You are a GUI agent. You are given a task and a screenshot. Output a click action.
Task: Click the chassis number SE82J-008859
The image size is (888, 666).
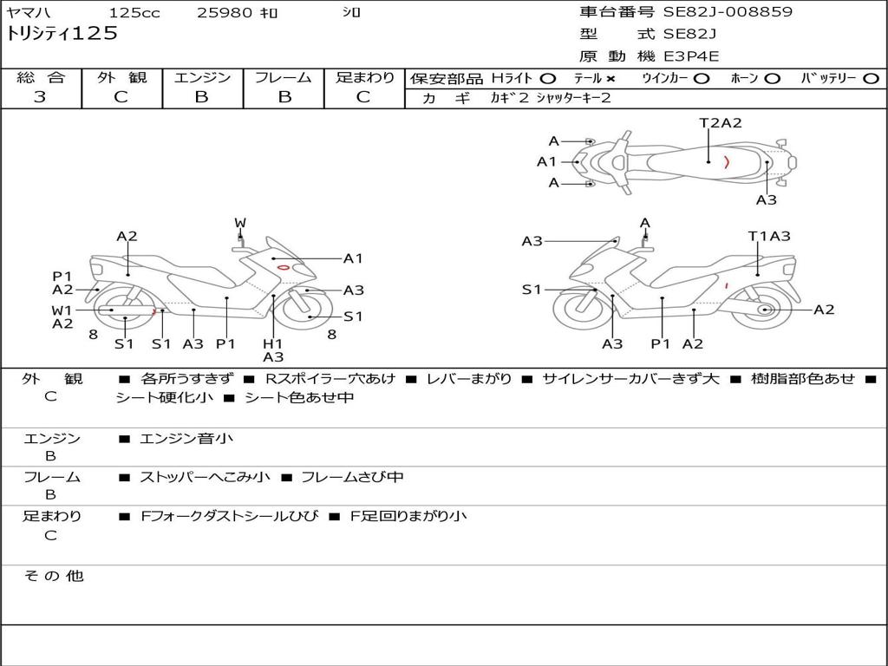[727, 12]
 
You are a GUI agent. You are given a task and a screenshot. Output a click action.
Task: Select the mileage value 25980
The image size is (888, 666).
[225, 13]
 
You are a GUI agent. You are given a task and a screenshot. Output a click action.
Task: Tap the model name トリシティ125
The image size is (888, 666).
[62, 34]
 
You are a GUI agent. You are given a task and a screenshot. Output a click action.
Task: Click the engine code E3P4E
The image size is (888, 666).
[692, 56]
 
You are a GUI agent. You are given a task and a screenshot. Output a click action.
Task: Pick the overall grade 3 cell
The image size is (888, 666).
[40, 97]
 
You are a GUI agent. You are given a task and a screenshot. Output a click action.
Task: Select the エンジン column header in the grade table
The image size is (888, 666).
[202, 77]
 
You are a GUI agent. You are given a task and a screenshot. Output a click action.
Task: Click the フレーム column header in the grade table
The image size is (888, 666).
[284, 77]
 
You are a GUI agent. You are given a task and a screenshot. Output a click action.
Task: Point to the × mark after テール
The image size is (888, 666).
[610, 78]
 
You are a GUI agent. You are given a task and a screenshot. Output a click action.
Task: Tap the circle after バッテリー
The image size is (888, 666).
[871, 78]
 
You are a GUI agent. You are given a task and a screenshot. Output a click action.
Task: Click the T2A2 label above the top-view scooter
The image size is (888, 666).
[721, 123]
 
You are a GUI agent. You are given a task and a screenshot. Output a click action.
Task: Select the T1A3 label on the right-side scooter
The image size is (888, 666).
[769, 236]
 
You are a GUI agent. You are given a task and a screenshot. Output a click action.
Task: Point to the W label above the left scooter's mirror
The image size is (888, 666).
[240, 223]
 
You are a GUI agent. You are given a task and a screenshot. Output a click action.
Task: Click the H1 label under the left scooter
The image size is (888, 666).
[273, 343]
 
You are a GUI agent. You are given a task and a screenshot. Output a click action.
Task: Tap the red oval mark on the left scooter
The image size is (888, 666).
[283, 267]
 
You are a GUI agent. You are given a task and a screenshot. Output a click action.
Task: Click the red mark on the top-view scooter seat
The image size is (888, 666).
[727, 161]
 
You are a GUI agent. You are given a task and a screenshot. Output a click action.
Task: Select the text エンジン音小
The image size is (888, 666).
[186, 439]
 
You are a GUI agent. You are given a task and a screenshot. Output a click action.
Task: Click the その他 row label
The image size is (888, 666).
[54, 576]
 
